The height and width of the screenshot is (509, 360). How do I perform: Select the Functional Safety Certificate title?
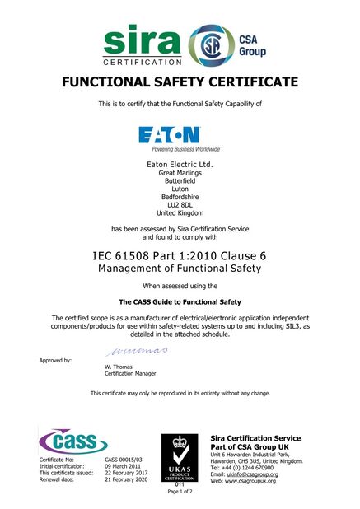180,82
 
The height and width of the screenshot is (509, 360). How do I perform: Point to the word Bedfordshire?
180,196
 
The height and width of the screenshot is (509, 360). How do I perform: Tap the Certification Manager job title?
130,373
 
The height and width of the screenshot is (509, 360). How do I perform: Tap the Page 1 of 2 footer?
180,493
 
